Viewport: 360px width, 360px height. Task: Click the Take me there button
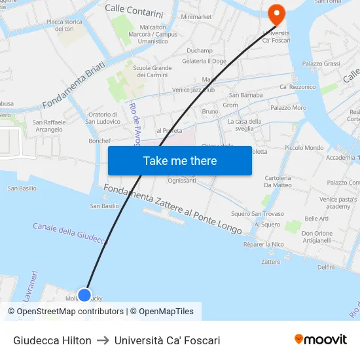[x=179, y=160]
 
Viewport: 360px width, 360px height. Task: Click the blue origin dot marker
[x=84, y=295]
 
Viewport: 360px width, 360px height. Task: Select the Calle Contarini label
[x=134, y=12]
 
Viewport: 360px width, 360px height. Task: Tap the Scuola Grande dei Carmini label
[x=152, y=71]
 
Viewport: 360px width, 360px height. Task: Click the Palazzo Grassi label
[x=321, y=63]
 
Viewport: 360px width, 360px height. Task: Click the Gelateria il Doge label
[x=204, y=61]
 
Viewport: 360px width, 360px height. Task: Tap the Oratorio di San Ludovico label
[x=103, y=118]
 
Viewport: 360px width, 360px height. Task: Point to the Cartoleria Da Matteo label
[x=278, y=181]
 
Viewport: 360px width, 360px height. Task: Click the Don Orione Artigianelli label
[x=317, y=236]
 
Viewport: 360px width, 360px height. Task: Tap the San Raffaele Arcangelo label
[x=48, y=126]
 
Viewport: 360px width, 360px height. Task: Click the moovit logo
[x=320, y=339]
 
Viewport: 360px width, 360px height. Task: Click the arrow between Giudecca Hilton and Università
[x=103, y=340]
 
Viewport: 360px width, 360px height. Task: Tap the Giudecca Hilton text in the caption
[x=52, y=340]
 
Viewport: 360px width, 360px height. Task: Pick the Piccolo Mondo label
[x=304, y=148]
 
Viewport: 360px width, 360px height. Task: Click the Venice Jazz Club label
[x=193, y=90]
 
